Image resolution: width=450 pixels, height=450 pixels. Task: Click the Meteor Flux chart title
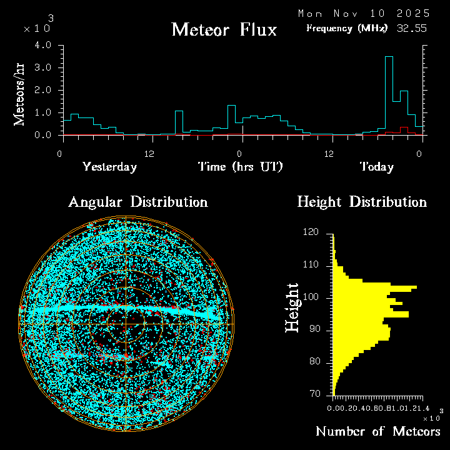224,29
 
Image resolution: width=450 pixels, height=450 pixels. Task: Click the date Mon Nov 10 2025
364,13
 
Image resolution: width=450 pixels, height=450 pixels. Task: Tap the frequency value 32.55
412,28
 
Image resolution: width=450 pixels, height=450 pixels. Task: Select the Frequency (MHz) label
347,28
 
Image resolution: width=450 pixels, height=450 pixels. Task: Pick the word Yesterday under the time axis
109,167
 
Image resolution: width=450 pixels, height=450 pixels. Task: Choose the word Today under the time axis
376,167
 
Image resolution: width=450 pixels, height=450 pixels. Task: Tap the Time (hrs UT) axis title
241,167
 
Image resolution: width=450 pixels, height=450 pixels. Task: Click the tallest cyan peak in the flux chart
389,57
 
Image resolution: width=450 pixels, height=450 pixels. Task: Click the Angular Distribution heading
137,202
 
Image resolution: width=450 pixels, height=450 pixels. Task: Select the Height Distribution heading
362,202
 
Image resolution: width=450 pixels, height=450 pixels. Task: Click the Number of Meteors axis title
378,432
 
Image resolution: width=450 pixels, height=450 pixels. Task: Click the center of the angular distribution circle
126,324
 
